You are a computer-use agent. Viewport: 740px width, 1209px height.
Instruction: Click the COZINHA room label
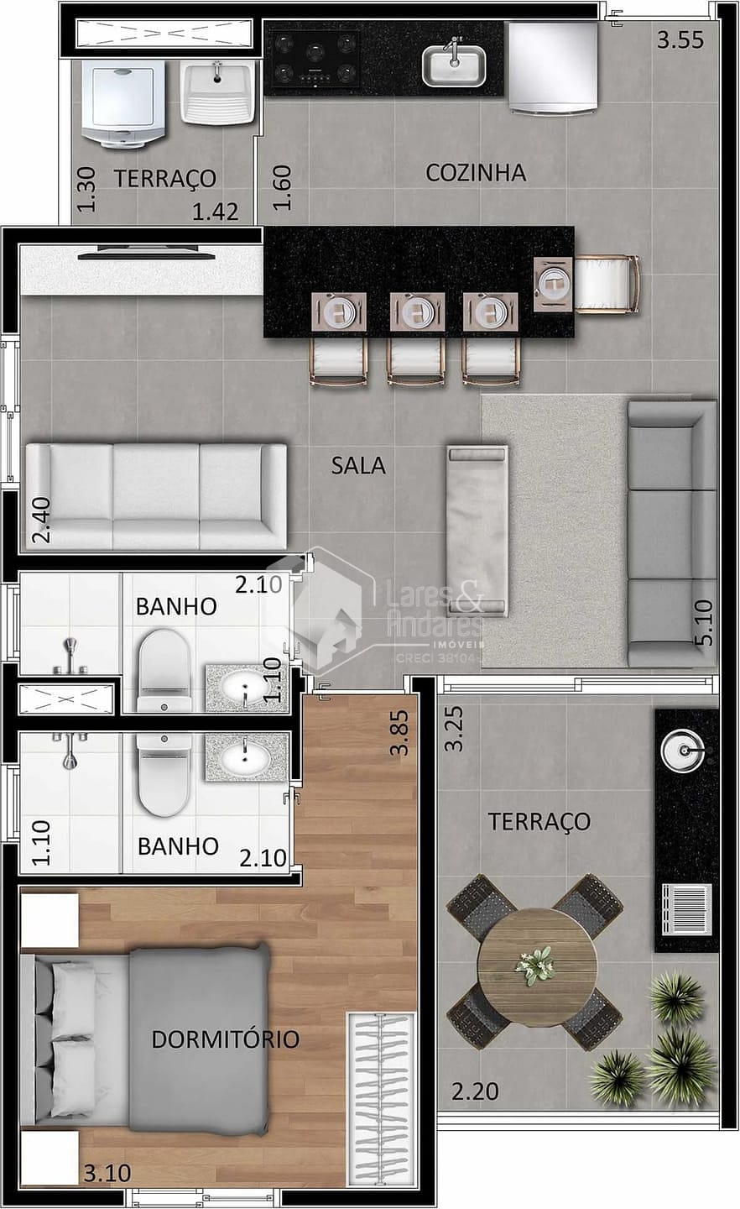click(x=476, y=172)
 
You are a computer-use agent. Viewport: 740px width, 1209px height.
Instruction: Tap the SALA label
click(x=358, y=464)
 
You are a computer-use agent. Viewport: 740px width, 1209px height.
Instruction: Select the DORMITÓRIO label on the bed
click(x=225, y=1039)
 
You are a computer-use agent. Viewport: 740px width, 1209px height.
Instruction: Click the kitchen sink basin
click(x=453, y=65)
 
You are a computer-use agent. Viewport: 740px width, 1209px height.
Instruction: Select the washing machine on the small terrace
click(x=124, y=102)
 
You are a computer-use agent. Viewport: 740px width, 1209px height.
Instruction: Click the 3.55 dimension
click(x=680, y=40)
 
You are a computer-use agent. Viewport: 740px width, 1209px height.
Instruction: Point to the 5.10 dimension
click(x=703, y=622)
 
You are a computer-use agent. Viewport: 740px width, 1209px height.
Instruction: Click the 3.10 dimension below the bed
click(x=107, y=1172)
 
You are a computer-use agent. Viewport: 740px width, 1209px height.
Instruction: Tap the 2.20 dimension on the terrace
click(x=475, y=1091)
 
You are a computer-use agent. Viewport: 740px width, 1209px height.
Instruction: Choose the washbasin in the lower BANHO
click(x=245, y=757)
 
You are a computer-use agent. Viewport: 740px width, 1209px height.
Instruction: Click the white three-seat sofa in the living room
click(x=155, y=497)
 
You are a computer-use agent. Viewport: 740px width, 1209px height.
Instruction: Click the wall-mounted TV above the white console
click(x=147, y=250)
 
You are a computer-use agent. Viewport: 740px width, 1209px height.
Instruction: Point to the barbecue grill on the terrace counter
click(x=686, y=909)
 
